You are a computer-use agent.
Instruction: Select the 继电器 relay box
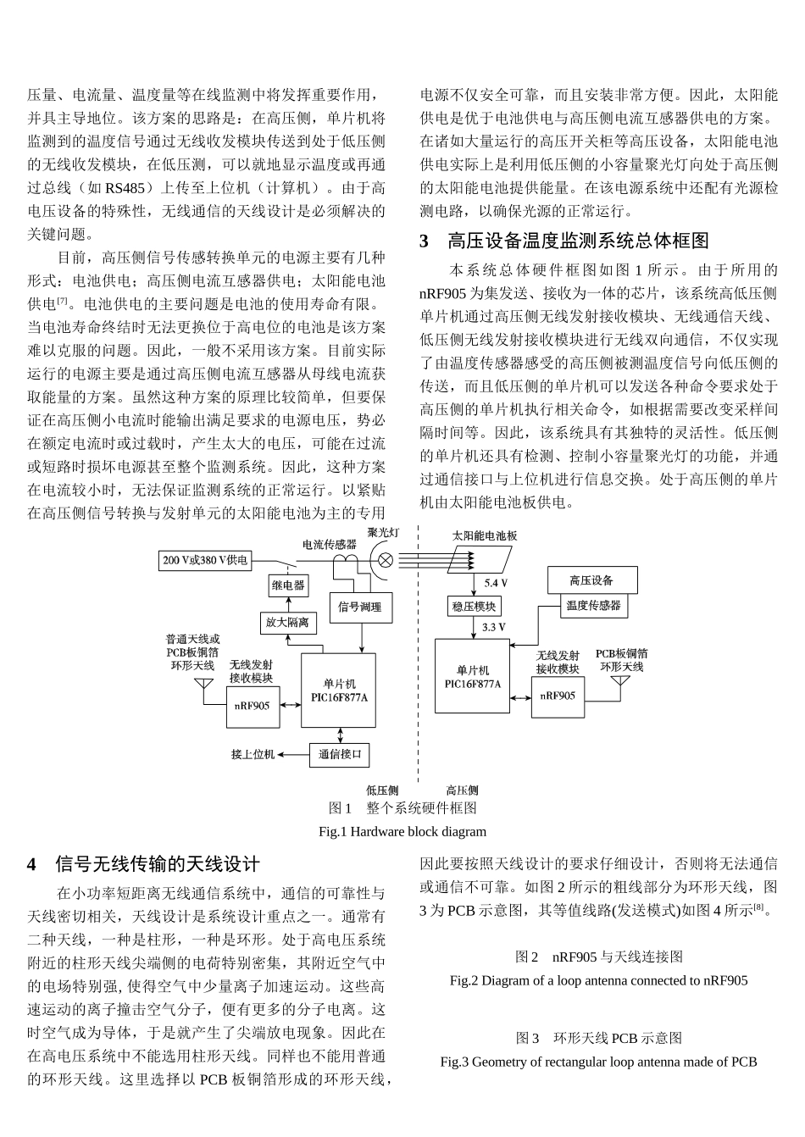288,585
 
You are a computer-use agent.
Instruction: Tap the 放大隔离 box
287,623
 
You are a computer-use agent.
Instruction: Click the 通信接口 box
339,754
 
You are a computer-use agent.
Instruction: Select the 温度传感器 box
594,605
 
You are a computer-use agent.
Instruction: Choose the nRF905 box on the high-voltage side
558,696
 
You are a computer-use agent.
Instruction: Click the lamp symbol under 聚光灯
384,560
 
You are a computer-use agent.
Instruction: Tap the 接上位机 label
253,754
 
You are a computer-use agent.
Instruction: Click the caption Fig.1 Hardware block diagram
402,831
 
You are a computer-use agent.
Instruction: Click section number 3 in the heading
425,241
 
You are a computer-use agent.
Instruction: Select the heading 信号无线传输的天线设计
157,864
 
